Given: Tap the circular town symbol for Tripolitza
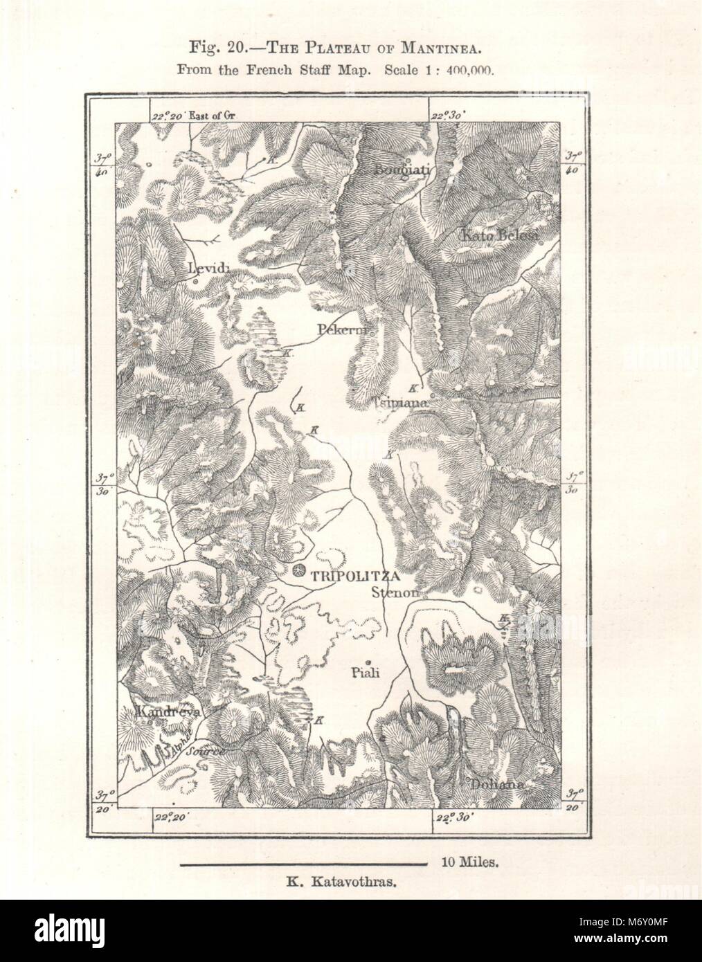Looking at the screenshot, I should (298, 571).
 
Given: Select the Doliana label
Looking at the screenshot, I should (496, 785).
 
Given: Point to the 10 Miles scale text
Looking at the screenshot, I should (469, 862).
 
